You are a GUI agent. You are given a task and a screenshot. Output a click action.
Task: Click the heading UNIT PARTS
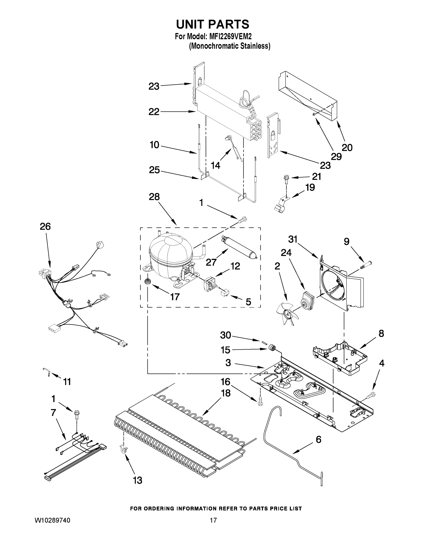212,25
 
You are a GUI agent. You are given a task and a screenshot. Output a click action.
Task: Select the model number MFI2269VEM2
230,37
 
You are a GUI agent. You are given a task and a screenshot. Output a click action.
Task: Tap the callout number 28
154,197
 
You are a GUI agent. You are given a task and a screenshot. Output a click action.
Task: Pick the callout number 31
293,239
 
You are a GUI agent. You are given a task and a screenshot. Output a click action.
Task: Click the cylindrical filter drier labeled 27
238,247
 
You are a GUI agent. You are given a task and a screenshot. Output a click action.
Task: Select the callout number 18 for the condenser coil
225,393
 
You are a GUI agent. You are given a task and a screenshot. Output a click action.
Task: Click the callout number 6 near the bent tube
319,439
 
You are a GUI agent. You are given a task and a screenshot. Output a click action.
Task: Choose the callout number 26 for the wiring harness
45,227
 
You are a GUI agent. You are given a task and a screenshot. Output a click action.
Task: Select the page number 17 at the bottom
213,520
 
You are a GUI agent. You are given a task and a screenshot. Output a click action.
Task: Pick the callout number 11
67,382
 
